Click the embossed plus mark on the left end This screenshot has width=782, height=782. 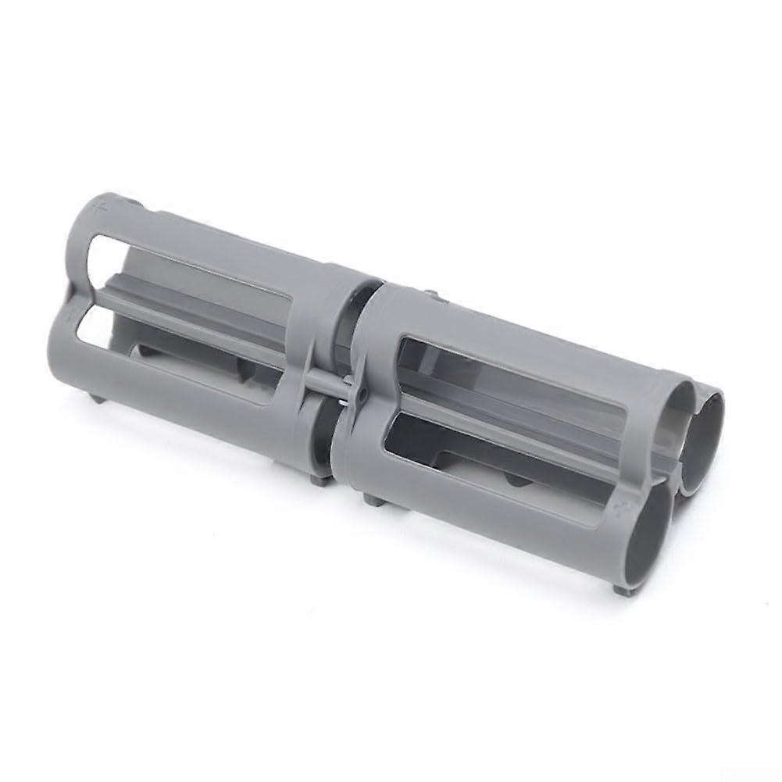coord(98,209)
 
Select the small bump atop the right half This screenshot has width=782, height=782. coord(430,295)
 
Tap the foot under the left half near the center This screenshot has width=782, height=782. coord(316,478)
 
